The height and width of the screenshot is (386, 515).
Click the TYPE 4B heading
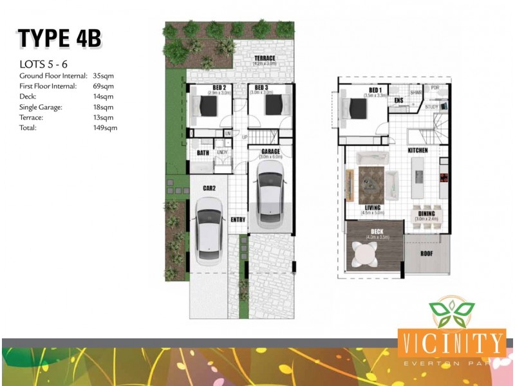click(x=60, y=39)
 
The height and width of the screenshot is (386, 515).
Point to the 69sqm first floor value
click(x=104, y=86)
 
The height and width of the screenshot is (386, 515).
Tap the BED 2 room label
click(x=219, y=87)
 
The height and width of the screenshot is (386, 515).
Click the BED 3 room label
click(x=261, y=87)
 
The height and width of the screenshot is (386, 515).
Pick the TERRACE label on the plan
click(x=265, y=58)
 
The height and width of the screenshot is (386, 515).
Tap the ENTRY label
click(x=238, y=219)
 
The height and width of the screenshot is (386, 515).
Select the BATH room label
click(x=203, y=152)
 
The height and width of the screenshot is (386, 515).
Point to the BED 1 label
click(x=375, y=89)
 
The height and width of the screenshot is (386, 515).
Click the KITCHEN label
click(x=417, y=151)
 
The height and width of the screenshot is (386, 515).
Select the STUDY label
click(x=432, y=107)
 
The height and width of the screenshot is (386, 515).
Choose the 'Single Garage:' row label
click(x=42, y=107)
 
